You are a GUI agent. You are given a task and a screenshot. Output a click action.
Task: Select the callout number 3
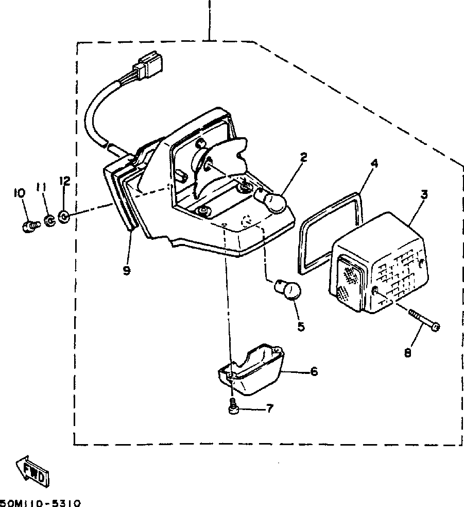pyautogui.click(x=424, y=195)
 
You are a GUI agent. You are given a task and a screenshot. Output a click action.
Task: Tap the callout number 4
pyautogui.click(x=374, y=164)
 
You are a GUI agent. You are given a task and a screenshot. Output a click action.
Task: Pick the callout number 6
pyautogui.click(x=314, y=371)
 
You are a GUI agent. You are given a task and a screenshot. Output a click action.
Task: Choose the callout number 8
pyautogui.click(x=407, y=353)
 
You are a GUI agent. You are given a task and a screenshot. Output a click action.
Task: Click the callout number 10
pyautogui.click(x=20, y=193)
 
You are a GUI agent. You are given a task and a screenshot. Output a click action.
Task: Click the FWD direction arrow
pyautogui.click(x=32, y=470)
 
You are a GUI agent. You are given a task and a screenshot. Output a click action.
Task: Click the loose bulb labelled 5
pyautogui.click(x=289, y=289)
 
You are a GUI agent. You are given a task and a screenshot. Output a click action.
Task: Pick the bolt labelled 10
pyautogui.click(x=31, y=225)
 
